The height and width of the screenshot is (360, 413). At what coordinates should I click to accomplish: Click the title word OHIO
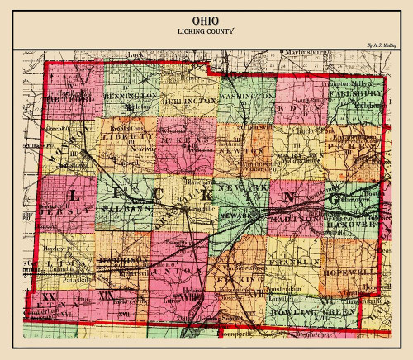[x=206, y=20]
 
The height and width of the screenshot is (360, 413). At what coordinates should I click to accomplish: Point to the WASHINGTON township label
[x=247, y=97]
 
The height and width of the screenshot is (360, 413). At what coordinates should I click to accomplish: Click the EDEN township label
[x=303, y=106]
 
